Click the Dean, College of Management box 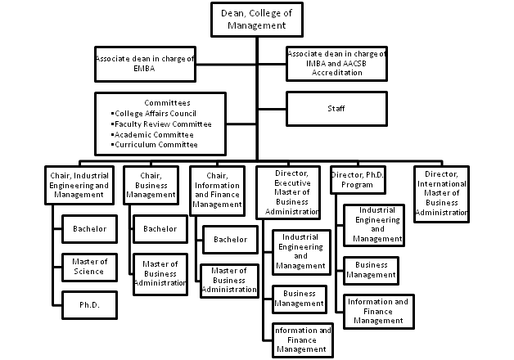click(x=257, y=20)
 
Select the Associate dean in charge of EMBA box click(x=145, y=64)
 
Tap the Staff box click(x=336, y=109)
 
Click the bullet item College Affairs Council click(x=154, y=114)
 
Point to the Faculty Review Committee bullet click(x=161, y=124)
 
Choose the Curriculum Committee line click(x=155, y=145)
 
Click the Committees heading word click(x=167, y=103)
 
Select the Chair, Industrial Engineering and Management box click(x=79, y=186)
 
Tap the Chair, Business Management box click(x=151, y=186)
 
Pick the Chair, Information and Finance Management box click(x=217, y=191)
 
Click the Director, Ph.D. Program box click(x=358, y=180)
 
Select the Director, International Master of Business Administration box click(x=441, y=194)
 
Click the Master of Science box click(x=89, y=267)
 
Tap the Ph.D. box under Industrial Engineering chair click(x=89, y=305)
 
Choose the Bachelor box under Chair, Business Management click(x=160, y=229)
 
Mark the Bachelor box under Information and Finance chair click(x=231, y=240)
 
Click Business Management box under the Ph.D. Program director click(x=371, y=271)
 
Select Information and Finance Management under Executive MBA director click(x=302, y=340)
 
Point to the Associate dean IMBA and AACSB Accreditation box click(x=336, y=64)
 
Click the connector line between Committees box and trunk click(x=241, y=124)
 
